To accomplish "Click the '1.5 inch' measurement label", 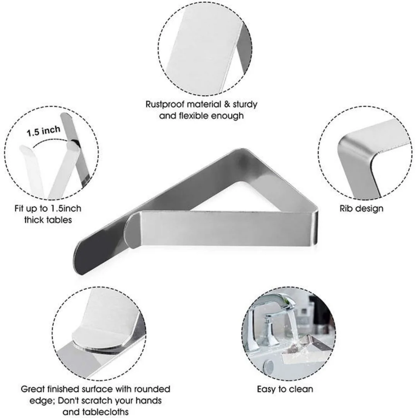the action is [x=43, y=131].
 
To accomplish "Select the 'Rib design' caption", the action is [x=361, y=208].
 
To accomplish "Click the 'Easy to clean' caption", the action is [x=285, y=389].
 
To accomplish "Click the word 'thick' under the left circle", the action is [x=34, y=220].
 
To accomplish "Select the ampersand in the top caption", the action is [x=227, y=104].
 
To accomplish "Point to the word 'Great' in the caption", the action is [x=33, y=389].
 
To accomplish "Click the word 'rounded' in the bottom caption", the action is [x=152, y=389].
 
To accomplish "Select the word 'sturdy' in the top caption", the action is [x=245, y=104].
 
